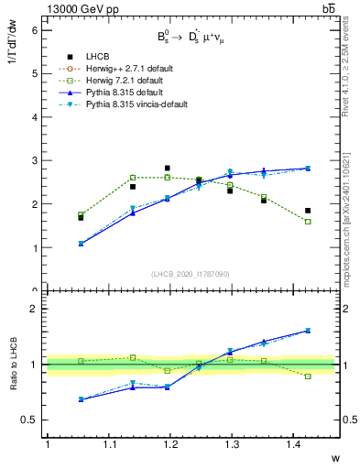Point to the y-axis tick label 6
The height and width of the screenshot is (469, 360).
(x=35, y=30)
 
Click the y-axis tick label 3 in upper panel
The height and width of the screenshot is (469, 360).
(x=35, y=161)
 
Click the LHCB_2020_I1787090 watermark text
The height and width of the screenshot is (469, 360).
(x=191, y=274)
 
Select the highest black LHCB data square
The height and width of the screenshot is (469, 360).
(x=167, y=169)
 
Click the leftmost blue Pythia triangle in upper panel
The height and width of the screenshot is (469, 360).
(x=82, y=244)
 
